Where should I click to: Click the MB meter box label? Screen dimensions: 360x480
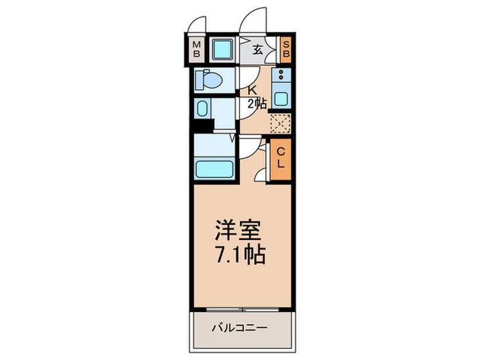[197, 49]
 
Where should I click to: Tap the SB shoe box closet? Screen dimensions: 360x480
[287, 49]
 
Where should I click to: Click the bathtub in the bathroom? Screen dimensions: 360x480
[214, 167]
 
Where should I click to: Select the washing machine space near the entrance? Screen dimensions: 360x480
[223, 49]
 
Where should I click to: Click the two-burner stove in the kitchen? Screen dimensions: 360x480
[281, 75]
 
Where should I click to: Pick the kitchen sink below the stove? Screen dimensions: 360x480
[281, 95]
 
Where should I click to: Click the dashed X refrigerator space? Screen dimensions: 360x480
[280, 123]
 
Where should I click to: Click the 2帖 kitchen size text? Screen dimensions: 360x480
[256, 104]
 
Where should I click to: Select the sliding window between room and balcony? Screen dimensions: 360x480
[243, 307]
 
